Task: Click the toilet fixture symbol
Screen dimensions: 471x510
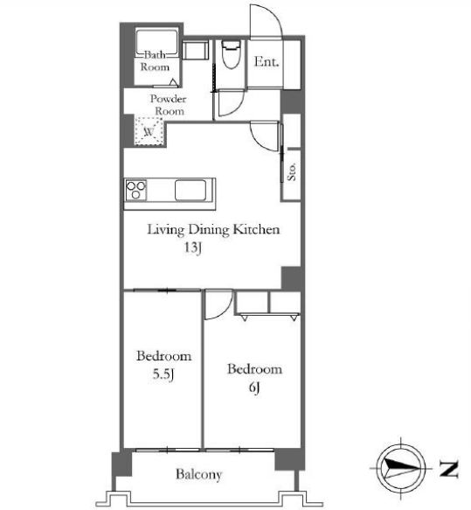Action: click(231, 54)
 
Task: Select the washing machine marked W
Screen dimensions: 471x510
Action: click(149, 130)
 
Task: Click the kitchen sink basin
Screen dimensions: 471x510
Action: click(190, 190)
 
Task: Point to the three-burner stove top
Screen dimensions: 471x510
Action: click(135, 190)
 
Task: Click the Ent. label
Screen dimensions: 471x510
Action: click(267, 61)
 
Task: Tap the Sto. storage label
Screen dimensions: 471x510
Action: click(291, 171)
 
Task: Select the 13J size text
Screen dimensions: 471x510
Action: click(193, 248)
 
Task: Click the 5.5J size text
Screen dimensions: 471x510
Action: click(163, 374)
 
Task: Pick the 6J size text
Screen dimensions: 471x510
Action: click(254, 388)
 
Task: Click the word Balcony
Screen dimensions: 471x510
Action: click(198, 474)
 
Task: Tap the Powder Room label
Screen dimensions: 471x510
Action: click(169, 105)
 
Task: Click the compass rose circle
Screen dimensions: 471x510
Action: click(401, 468)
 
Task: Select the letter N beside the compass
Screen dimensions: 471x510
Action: click(449, 469)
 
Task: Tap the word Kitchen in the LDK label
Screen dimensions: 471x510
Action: click(257, 229)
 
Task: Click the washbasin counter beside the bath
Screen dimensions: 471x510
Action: click(195, 50)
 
